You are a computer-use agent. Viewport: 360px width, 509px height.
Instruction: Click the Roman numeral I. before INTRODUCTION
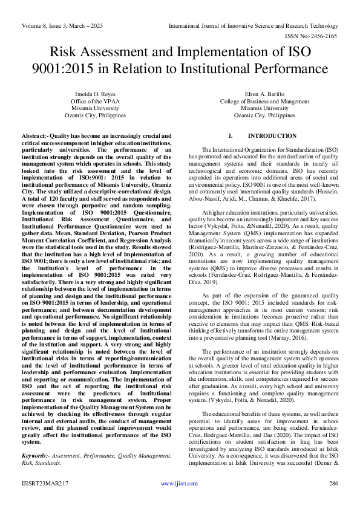[x=231, y=136]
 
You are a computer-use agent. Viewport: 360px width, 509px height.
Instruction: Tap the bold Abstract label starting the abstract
[x=35, y=136]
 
